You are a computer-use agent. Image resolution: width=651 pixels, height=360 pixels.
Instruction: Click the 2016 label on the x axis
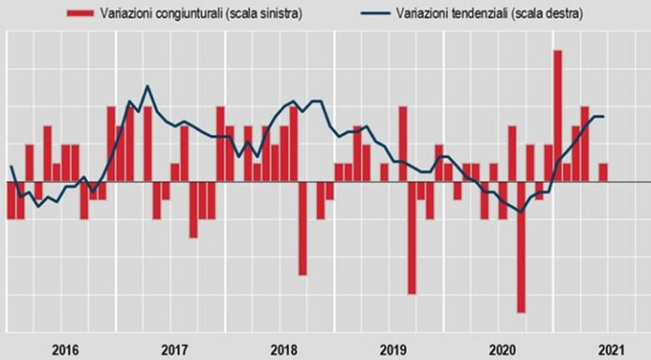click(64, 350)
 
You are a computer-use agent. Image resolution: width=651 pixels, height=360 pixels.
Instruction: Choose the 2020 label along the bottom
click(502, 350)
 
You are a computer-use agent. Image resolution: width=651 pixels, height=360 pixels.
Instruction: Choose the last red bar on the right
click(603, 172)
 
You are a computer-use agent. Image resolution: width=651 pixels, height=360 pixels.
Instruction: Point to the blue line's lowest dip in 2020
click(521, 212)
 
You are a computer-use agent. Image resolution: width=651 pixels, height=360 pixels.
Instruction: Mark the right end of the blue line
click(603, 116)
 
